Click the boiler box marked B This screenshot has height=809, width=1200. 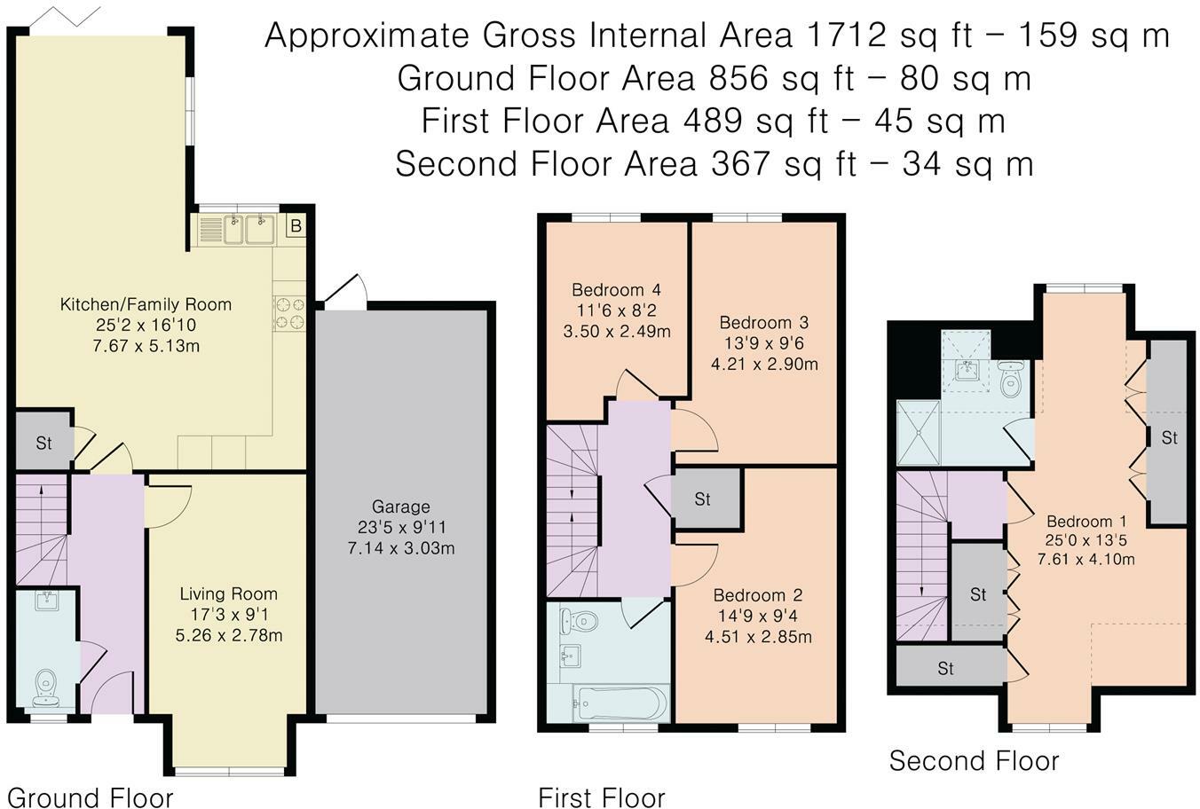pos(296,226)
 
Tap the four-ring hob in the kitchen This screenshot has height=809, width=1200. pos(289,313)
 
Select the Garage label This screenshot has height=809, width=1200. pos(400,507)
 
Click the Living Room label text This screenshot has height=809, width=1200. pos(229,593)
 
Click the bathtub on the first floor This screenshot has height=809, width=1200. pos(620,702)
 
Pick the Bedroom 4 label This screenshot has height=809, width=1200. pos(616,290)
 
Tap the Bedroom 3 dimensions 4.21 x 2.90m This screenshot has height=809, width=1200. pos(764,364)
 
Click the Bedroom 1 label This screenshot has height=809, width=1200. pos(1086,521)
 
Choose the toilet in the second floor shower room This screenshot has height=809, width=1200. pos(1011,379)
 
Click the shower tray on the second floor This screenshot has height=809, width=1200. pos(919,433)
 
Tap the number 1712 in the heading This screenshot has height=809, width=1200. pos(846,35)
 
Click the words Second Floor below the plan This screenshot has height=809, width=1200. pos(974,761)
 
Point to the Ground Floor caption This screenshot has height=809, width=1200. pos(90,797)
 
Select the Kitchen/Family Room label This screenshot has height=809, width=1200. pos(146,304)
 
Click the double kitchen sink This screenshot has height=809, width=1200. pos(249,229)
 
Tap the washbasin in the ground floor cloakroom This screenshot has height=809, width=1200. pos(48,601)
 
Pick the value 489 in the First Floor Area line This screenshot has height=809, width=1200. pos(712,121)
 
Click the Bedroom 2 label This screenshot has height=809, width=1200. pos(758,595)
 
